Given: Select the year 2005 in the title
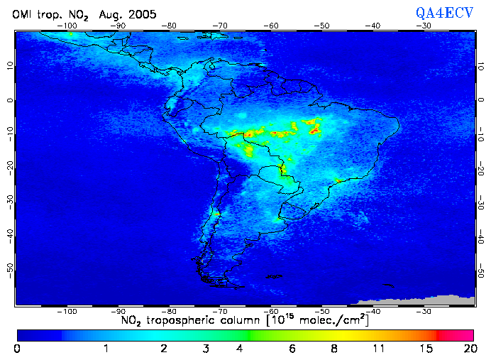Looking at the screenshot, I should tap(140, 14).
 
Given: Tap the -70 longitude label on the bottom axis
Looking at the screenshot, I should tap(220, 310).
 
